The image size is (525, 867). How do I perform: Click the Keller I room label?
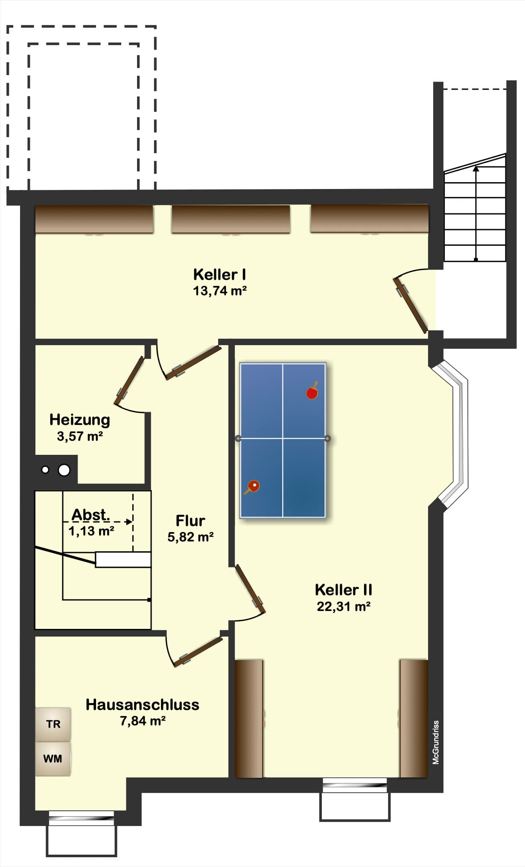219,274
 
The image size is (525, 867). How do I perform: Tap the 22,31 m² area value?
343,606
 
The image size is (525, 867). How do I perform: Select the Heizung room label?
80,420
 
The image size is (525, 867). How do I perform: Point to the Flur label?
190,521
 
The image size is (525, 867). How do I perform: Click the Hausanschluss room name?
143,704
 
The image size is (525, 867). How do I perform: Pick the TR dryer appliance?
53,724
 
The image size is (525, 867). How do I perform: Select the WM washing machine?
53,759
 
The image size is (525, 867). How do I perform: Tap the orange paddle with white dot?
252,487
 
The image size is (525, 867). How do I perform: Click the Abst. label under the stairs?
90,515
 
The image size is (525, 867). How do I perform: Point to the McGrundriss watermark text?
436,742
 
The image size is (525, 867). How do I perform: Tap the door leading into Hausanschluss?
198,651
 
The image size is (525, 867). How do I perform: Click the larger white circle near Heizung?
64,470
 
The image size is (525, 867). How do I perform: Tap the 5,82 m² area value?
190,537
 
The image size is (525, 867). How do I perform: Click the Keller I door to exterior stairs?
411,305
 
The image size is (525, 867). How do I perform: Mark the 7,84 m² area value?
143,721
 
